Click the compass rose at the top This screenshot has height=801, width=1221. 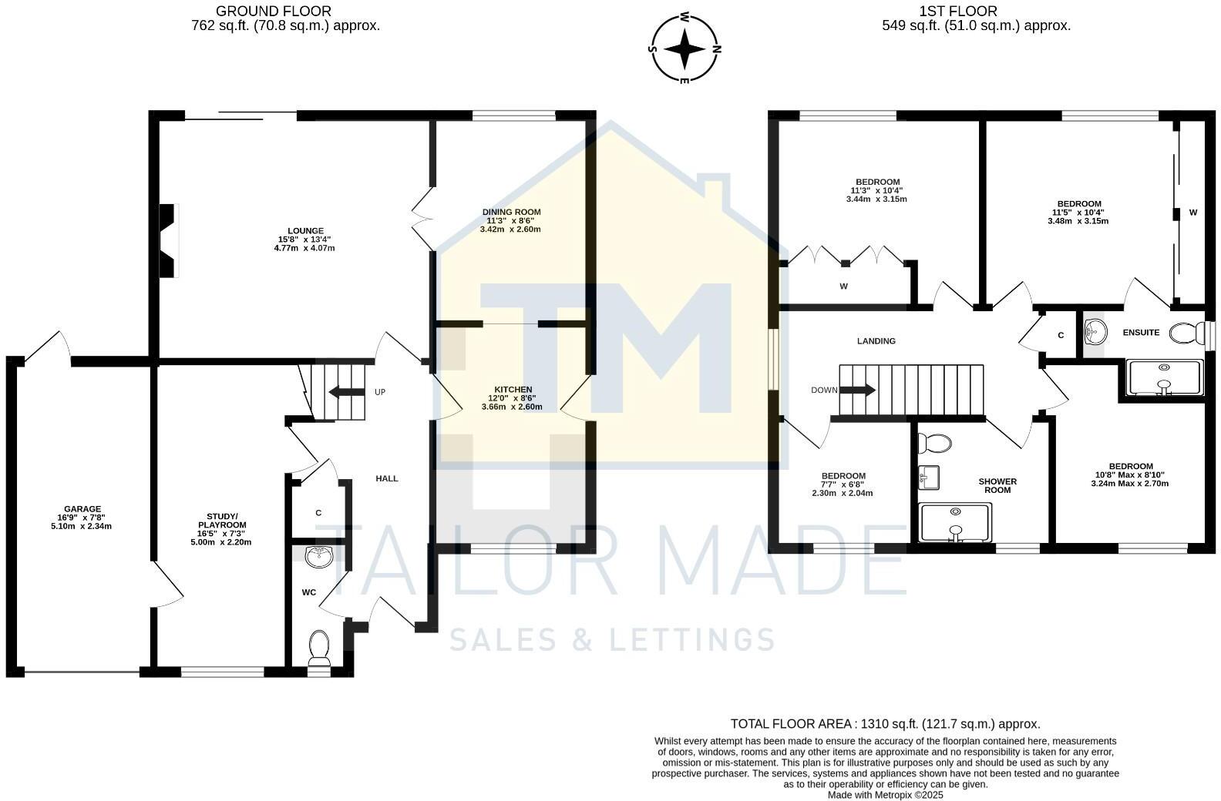[x=684, y=48]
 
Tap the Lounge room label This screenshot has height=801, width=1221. [x=305, y=239]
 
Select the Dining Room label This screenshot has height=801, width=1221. [x=511, y=220]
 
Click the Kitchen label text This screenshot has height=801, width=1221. [x=513, y=397]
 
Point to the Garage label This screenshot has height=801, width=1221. [x=82, y=517]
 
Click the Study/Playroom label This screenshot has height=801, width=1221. [x=221, y=529]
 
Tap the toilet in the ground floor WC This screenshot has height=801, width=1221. [x=319, y=648]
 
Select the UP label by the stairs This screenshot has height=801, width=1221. [x=380, y=392]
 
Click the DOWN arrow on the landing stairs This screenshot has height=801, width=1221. [x=857, y=390]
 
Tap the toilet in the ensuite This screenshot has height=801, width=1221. [x=1187, y=333]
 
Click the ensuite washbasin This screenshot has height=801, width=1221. [x=1095, y=332]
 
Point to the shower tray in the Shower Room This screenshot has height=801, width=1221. [x=956, y=522]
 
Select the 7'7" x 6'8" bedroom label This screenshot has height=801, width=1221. [x=843, y=484]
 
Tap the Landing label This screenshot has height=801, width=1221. [x=876, y=340]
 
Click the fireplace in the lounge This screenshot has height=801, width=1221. [x=168, y=240]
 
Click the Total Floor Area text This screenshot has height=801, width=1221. [x=885, y=724]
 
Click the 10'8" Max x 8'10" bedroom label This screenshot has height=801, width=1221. [x=1130, y=474]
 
